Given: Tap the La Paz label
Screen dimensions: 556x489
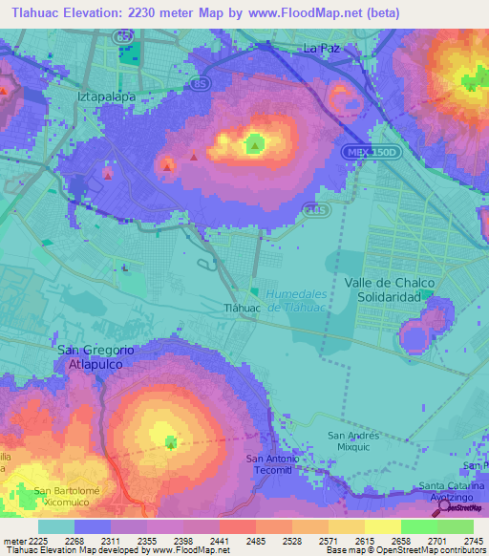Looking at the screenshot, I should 321,47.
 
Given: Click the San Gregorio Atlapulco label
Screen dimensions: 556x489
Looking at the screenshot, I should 96,356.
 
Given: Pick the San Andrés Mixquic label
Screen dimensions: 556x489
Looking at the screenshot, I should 354,440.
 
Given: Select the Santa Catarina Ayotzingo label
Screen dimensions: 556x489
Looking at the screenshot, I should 453,491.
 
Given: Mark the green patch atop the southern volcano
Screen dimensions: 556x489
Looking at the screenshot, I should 171,442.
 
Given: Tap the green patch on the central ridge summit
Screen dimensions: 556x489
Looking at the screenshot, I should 255,144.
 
